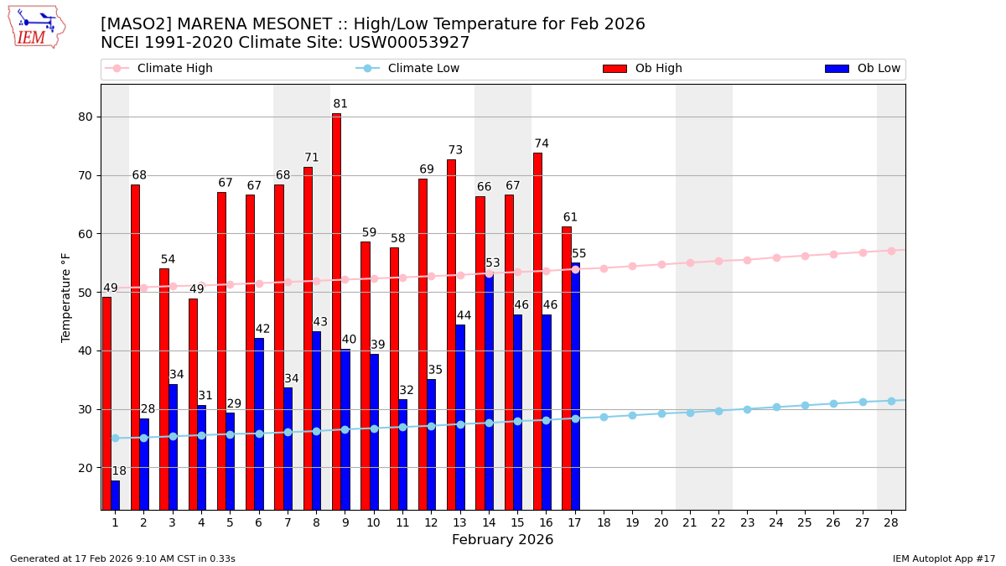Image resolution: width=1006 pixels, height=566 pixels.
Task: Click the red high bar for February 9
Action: pos(336,311)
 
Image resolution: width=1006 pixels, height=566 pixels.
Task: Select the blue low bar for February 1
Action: pos(115,495)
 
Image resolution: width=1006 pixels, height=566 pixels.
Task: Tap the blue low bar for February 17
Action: pos(575,386)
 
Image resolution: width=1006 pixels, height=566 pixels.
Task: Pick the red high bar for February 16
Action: pos(537,331)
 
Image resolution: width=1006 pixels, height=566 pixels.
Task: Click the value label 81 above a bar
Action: pos(340,104)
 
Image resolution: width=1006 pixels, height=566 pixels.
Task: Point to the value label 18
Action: pos(119,471)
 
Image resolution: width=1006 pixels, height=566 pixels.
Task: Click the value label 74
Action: pos(542,143)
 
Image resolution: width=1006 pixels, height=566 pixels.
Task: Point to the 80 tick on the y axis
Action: pos(86,117)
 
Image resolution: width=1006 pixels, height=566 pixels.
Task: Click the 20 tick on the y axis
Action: pos(86,468)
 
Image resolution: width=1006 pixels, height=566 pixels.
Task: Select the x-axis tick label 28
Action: pos(891,522)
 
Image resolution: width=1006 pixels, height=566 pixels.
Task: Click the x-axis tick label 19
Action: pos(632,522)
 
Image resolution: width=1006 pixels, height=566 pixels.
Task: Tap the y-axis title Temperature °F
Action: pos(66,297)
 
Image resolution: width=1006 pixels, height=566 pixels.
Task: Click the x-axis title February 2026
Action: pos(502,540)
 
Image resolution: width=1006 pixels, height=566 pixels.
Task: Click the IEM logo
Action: pos(36,27)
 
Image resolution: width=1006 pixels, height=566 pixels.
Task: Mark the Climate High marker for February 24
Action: pos(776,257)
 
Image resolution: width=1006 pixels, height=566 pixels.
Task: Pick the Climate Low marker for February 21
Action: pos(690,413)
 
